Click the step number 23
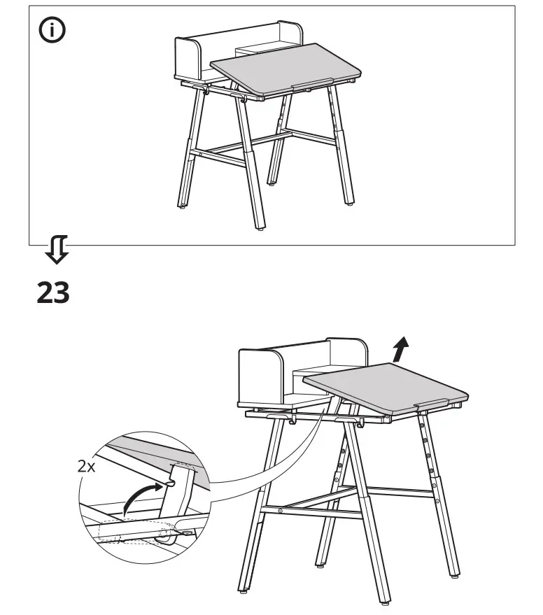[53, 292]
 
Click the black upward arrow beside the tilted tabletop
[400, 348]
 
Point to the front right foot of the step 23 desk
[456, 575]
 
